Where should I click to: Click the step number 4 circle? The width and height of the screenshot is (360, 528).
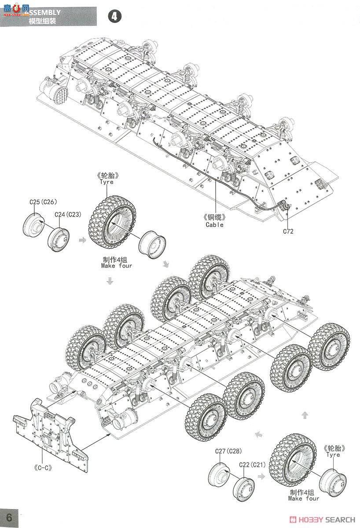[x=114, y=17]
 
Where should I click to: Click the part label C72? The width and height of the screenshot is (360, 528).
[x=288, y=231]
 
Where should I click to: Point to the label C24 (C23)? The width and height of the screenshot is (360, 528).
[x=67, y=214]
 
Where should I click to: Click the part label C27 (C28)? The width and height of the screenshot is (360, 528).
[x=228, y=451]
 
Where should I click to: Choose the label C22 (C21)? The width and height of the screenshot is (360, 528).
[x=252, y=465]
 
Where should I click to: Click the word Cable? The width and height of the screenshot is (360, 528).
[x=214, y=224]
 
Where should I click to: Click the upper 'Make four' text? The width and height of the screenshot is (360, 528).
[x=116, y=266]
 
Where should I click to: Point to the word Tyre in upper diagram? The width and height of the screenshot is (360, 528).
[x=106, y=182]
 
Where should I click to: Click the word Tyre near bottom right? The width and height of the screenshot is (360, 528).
[x=333, y=455]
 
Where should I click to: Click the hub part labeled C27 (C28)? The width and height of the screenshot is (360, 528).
[x=219, y=475]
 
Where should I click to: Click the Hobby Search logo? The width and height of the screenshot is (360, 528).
[x=323, y=520]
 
